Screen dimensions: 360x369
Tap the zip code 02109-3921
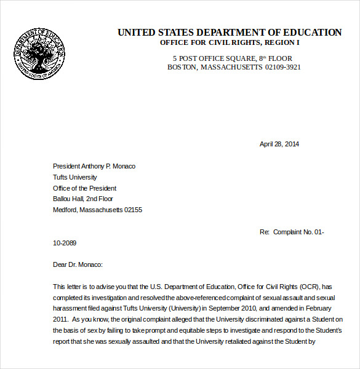coord(282,67)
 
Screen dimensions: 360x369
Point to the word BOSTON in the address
coord(182,67)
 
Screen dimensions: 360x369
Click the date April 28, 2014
coord(279,144)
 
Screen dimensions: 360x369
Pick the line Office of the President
coord(84,188)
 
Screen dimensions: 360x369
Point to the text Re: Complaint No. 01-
coord(292,232)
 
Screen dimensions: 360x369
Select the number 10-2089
coord(65,243)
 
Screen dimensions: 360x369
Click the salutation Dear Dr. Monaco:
coord(78,264)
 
